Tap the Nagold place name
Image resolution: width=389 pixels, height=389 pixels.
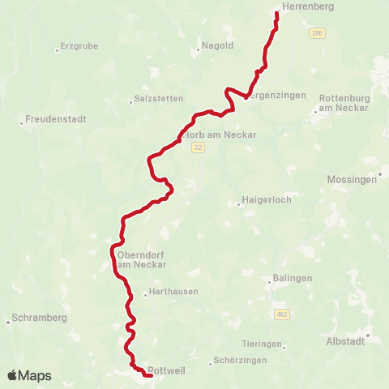216,46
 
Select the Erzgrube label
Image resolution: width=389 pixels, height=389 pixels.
79,47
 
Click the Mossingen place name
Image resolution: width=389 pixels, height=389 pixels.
352,180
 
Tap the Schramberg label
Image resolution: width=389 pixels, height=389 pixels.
40,318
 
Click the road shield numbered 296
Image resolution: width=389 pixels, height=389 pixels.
316,33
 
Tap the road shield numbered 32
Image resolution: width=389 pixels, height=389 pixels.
199,147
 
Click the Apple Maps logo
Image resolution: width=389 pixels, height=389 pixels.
29,376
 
